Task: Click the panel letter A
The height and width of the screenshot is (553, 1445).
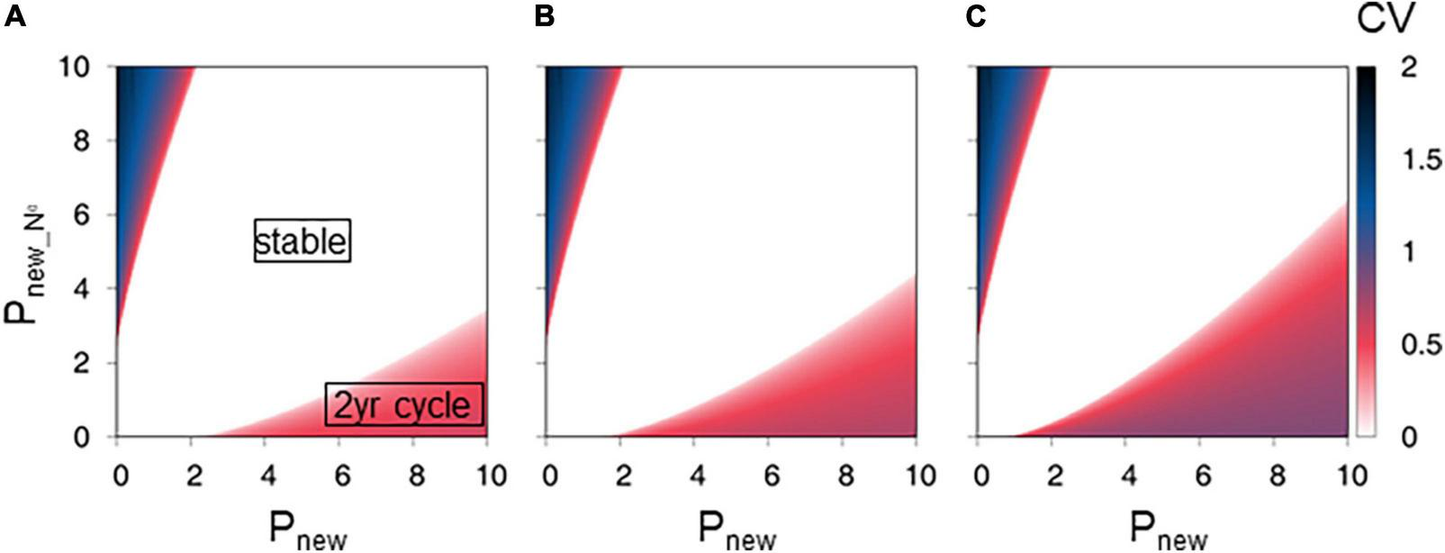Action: pos(14,17)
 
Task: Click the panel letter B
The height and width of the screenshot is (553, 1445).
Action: pos(544,17)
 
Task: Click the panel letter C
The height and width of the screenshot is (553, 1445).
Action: pos(975,17)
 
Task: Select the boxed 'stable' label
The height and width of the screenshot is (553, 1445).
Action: pos(301,241)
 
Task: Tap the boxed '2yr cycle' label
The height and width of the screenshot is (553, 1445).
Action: pos(403,405)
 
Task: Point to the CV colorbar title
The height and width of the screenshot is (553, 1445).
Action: pos(1386,19)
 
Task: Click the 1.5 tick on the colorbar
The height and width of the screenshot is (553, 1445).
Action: pos(1421,159)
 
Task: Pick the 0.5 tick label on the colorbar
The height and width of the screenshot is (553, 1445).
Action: pos(1421,345)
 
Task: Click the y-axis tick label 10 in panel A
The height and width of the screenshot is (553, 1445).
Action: pos(77,68)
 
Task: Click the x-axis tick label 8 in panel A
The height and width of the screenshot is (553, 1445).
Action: pos(415,475)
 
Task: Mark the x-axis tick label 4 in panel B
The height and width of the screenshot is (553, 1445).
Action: pos(698,475)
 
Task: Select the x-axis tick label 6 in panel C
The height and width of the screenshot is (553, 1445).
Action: pos(1203,475)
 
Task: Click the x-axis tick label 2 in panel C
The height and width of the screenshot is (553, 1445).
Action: pos(1055,475)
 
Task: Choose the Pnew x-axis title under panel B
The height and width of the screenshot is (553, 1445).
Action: pos(736,530)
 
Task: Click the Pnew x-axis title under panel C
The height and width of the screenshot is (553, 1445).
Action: pos(1168,530)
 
